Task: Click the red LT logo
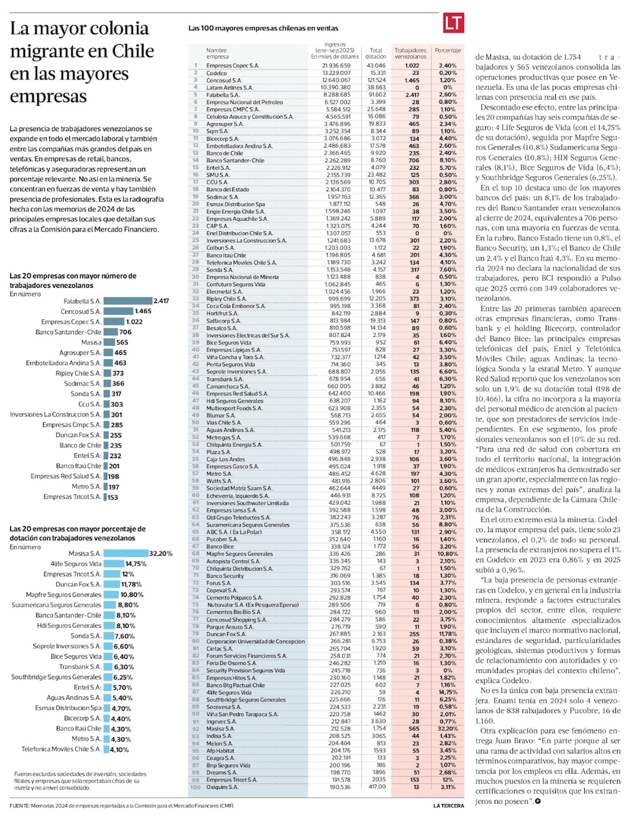(453, 24)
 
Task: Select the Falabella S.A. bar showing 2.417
(127, 301)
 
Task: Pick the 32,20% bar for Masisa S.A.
(126, 553)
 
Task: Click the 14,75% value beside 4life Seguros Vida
(136, 564)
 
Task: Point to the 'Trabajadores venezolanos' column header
(410, 53)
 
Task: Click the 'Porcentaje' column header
(447, 50)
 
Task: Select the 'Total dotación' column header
(376, 53)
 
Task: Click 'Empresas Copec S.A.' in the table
(232, 66)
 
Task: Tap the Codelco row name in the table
(216, 73)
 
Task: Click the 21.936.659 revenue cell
(336, 66)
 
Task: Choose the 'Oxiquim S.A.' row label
(222, 787)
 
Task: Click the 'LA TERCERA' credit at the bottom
(448, 806)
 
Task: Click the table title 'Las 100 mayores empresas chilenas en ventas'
(263, 28)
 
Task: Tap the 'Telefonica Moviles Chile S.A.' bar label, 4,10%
(61, 749)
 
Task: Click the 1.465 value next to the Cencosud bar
(143, 311)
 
